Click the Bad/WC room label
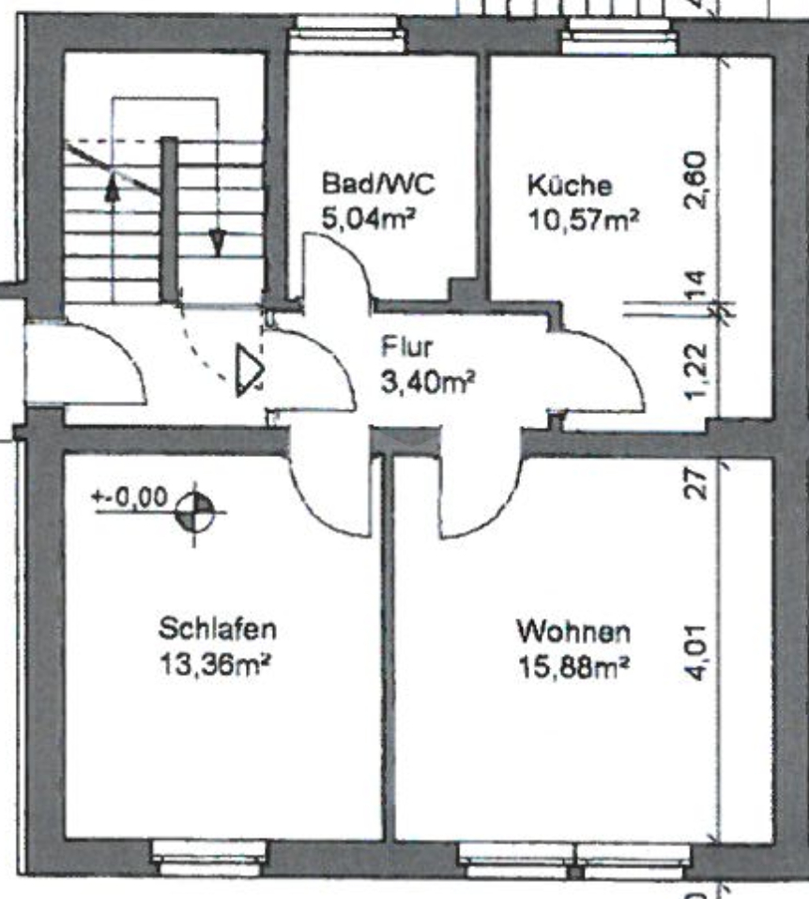[x=378, y=184]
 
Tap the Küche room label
[x=570, y=185]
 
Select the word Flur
[x=407, y=347]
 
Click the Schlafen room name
[x=218, y=629]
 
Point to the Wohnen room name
[x=573, y=632]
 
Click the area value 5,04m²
[x=368, y=219]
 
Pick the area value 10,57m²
[x=583, y=220]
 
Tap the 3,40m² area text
[x=428, y=382]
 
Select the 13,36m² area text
[x=214, y=665]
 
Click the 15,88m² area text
[x=573, y=667]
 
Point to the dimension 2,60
[x=696, y=180]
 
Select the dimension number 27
[x=696, y=484]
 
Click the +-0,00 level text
[x=130, y=496]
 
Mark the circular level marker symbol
[x=195, y=512]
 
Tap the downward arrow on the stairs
[x=218, y=242]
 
